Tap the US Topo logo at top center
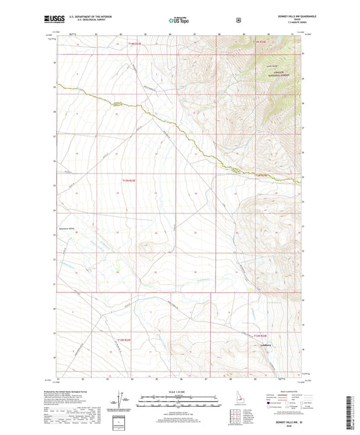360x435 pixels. pyautogui.click(x=178, y=21)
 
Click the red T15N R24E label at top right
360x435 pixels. pyautogui.click(x=259, y=43)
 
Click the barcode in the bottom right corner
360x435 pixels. pyautogui.click(x=352, y=409)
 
